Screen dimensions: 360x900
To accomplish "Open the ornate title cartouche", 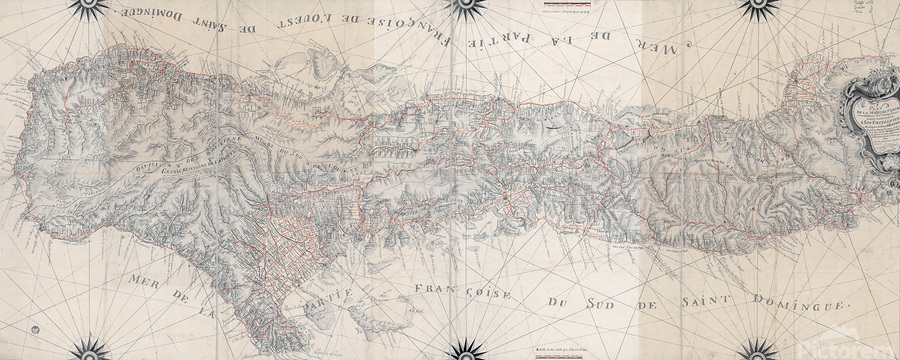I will (x=870, y=130).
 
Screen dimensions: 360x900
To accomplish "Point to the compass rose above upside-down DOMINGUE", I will (x=91, y=7).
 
